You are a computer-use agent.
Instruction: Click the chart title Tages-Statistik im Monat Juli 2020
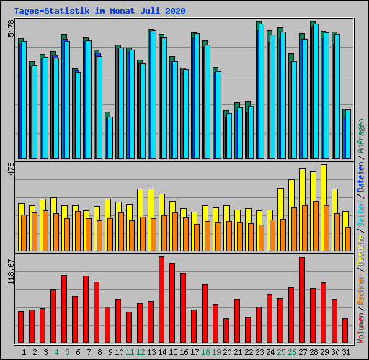99,11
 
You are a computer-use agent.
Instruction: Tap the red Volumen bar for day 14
161,300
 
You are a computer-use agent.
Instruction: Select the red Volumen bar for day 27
302,300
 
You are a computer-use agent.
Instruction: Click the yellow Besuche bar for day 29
323,207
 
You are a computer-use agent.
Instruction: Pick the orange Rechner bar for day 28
316,226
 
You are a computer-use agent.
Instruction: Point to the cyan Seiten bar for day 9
110,138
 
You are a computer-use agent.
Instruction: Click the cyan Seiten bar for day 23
262,91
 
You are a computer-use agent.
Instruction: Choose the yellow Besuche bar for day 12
139,220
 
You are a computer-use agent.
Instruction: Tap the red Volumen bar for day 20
226,330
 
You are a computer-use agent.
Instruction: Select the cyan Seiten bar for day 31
348,134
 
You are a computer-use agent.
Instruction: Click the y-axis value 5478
11,29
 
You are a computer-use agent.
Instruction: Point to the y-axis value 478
11,169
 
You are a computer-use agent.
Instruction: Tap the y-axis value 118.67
11,271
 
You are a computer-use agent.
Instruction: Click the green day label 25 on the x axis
281,352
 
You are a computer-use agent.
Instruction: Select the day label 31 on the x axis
346,352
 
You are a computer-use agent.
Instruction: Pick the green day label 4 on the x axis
56,352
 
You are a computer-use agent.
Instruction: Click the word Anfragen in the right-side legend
361,136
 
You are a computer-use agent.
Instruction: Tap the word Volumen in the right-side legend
361,328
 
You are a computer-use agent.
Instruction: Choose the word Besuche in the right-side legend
361,251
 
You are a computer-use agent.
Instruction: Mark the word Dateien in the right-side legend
361,177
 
